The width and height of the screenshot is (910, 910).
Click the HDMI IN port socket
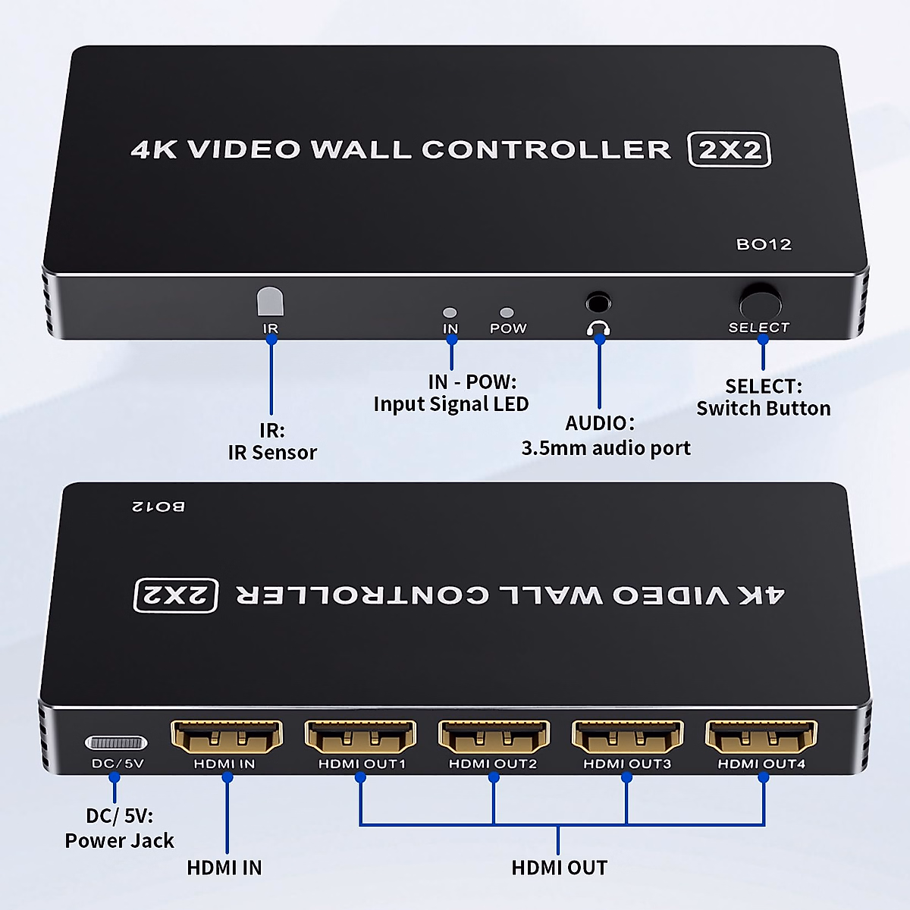(227, 736)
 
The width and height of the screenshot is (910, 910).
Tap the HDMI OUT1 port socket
(360, 736)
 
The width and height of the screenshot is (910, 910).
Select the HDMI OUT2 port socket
(494, 736)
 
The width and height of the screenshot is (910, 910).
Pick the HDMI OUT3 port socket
(627, 736)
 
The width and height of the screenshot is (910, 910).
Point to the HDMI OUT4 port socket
(761, 736)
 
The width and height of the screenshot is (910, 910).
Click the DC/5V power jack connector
(116, 742)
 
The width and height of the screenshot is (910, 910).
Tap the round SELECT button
(760, 302)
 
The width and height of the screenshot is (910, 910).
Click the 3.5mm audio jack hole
(598, 303)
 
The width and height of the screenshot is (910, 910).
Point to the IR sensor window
(270, 301)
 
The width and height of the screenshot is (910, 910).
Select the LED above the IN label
(450, 312)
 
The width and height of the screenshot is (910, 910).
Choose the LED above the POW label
(507, 312)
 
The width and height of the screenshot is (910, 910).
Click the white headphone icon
(598, 328)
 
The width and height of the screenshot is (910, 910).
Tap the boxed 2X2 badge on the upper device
(729, 149)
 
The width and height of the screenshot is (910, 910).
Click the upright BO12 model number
(764, 244)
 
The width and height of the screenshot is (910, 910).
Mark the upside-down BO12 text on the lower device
(158, 506)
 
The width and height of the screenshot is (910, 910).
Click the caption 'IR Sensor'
(272, 453)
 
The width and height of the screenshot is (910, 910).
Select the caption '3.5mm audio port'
(606, 448)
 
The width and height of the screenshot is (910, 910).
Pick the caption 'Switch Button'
(764, 409)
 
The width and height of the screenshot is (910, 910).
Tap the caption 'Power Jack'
(119, 841)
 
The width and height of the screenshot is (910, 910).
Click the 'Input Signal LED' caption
(450, 404)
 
